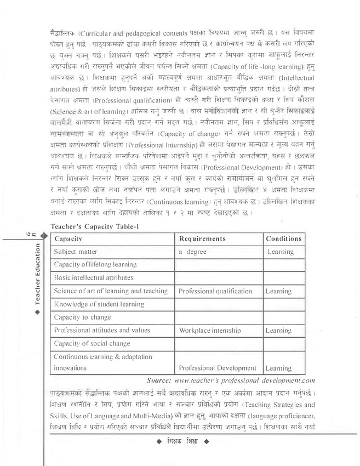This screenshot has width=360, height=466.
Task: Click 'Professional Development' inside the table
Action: click(x=217, y=369)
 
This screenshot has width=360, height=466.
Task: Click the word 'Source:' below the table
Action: click(x=164, y=379)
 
